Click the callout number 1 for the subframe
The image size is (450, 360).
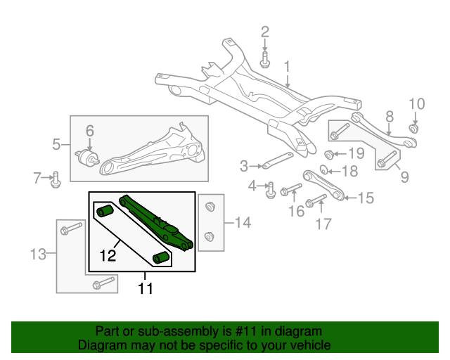(x=287, y=67)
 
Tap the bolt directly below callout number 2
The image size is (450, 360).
(x=265, y=59)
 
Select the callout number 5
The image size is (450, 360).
(x=57, y=146)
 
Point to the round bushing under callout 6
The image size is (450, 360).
(x=89, y=156)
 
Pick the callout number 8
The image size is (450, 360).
(x=389, y=117)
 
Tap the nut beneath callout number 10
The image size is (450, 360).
(x=415, y=127)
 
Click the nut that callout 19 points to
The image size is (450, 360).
(x=330, y=155)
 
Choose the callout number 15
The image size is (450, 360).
(x=366, y=198)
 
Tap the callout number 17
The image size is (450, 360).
(x=323, y=225)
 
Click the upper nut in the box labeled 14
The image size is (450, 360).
(x=209, y=207)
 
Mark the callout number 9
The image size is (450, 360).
(x=404, y=177)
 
